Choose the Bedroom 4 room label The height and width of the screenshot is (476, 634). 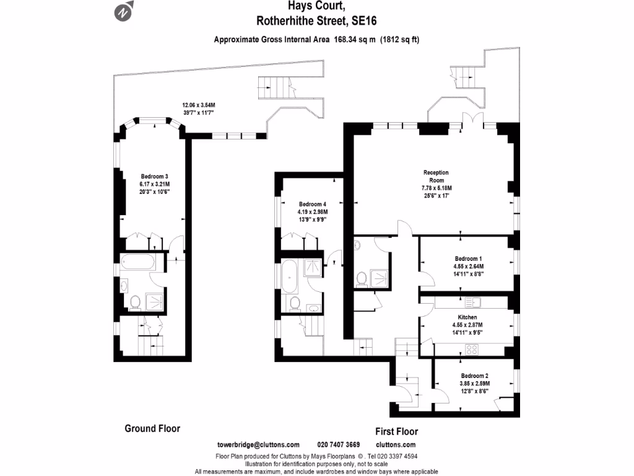point(312,204)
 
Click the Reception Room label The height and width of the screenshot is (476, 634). point(436,176)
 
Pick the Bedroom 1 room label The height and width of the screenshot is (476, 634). point(467,258)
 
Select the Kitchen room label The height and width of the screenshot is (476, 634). point(467,317)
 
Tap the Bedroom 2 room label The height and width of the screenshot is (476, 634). point(474,376)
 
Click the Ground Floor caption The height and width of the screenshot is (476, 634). point(152,428)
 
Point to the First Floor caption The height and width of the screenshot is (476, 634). point(396,431)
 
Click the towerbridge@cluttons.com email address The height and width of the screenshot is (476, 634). point(258,444)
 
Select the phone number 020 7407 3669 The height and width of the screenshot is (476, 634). point(338,444)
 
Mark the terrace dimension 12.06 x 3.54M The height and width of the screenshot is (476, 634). point(198,105)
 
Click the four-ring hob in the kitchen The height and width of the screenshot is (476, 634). point(472,349)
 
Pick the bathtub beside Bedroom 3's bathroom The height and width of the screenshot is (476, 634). point(137,262)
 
